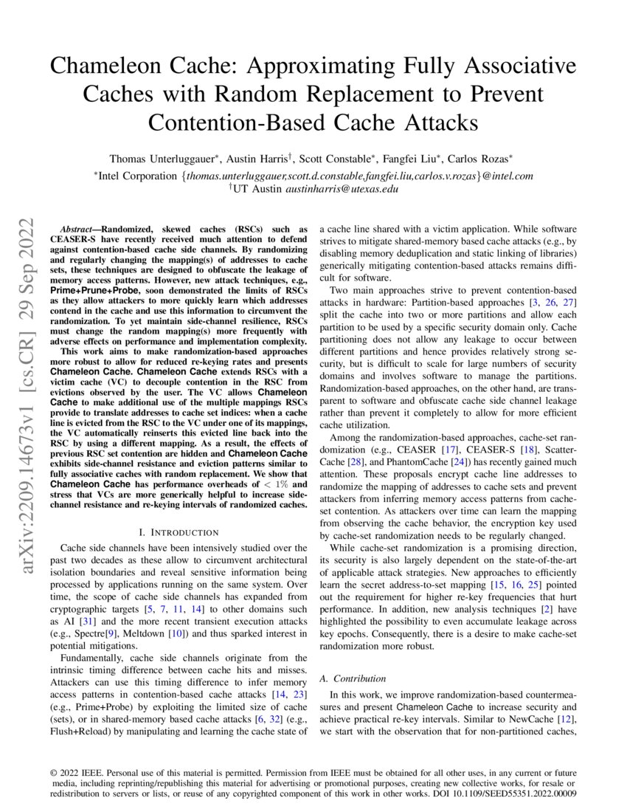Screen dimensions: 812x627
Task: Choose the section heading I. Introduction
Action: point(179,531)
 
